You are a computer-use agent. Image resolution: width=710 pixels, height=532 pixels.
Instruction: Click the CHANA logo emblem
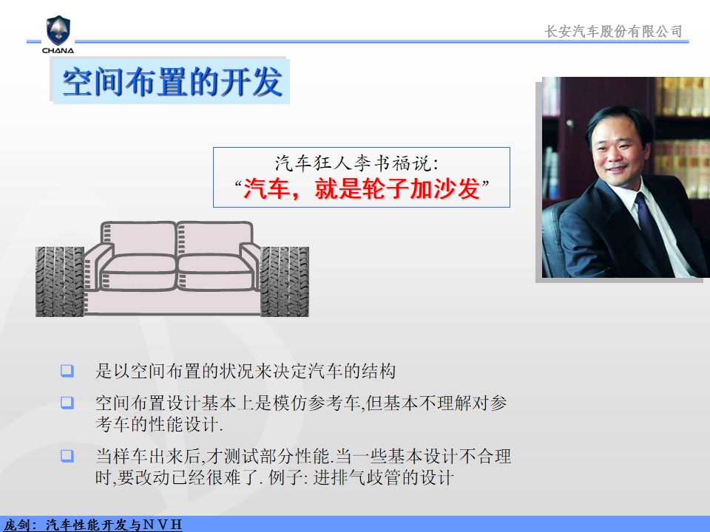58,30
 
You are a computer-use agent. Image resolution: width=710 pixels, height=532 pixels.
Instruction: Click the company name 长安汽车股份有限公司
613,31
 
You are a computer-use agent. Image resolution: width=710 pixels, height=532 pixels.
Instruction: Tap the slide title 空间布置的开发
172,82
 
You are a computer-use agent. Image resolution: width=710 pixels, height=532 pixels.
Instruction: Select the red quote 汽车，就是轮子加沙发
362,188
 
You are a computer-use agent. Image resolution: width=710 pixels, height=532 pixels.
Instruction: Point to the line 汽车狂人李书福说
356,163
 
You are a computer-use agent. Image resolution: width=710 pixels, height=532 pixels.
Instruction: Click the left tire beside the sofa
60,282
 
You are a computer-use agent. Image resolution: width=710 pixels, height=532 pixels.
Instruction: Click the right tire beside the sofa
284,282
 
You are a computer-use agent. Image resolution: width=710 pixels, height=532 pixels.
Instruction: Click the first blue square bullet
67,371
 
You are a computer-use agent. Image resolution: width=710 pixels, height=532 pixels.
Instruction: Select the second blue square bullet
67,403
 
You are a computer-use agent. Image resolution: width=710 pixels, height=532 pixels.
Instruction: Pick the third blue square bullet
67,456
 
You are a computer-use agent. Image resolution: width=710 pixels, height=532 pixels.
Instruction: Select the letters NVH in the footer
162,525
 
